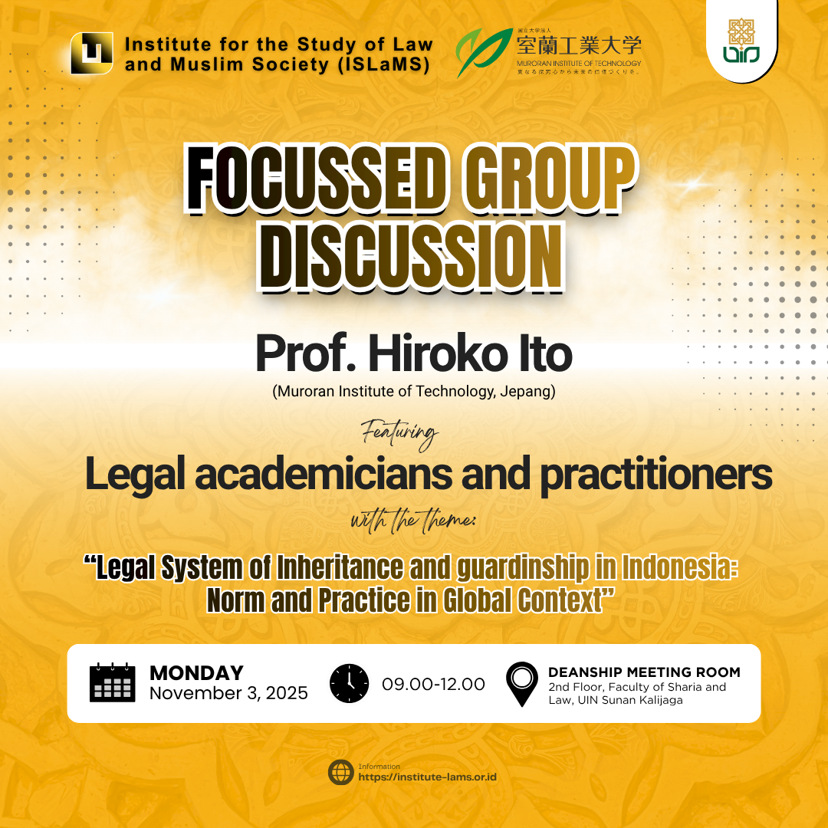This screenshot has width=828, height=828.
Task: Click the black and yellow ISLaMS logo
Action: pyautogui.click(x=91, y=54)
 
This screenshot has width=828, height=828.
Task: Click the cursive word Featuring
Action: pyautogui.click(x=399, y=434)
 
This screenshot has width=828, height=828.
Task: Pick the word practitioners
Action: pyautogui.click(x=655, y=475)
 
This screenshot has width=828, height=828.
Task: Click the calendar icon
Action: pyautogui.click(x=112, y=682)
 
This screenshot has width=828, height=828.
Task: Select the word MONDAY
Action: pyautogui.click(x=196, y=672)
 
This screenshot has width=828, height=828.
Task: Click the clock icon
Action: pyautogui.click(x=349, y=683)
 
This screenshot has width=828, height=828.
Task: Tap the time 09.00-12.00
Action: pyautogui.click(x=433, y=684)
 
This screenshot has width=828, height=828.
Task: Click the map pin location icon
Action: pyautogui.click(x=521, y=684)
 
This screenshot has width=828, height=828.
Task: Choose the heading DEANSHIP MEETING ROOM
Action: pyautogui.click(x=644, y=672)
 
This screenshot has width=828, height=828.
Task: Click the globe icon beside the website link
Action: pyautogui.click(x=340, y=773)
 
